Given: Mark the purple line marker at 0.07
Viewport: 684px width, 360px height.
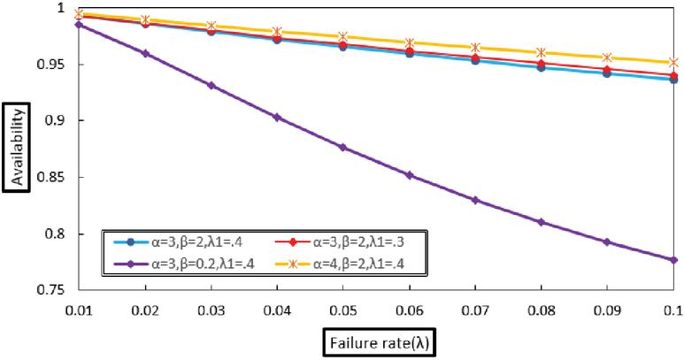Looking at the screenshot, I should pyautogui.click(x=475, y=200).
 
